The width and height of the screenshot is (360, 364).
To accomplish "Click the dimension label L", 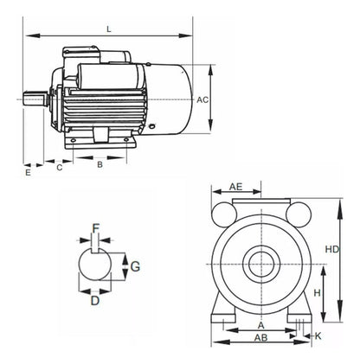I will pyautogui.click(x=108, y=29).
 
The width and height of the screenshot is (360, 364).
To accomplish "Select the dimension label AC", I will pyautogui.click(x=202, y=99).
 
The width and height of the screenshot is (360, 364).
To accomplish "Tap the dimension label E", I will pyautogui.click(x=28, y=173).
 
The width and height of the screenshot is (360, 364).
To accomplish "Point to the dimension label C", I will pyautogui.click(x=59, y=169).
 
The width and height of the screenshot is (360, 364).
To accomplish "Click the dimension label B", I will pyautogui.click(x=100, y=163).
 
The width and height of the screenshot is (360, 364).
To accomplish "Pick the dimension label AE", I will pyautogui.click(x=235, y=187).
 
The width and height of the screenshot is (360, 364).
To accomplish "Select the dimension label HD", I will pyautogui.click(x=331, y=249).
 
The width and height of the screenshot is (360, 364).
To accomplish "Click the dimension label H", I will pyautogui.click(x=318, y=294).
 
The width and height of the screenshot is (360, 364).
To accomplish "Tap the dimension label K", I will pyautogui.click(x=318, y=335).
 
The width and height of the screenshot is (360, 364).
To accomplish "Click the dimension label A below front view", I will pyautogui.click(x=260, y=325).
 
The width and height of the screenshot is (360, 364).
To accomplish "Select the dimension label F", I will pyautogui.click(x=96, y=228).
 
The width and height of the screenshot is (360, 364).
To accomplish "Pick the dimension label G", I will pyautogui.click(x=135, y=266).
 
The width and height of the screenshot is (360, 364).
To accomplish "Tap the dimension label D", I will pyautogui.click(x=95, y=301).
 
